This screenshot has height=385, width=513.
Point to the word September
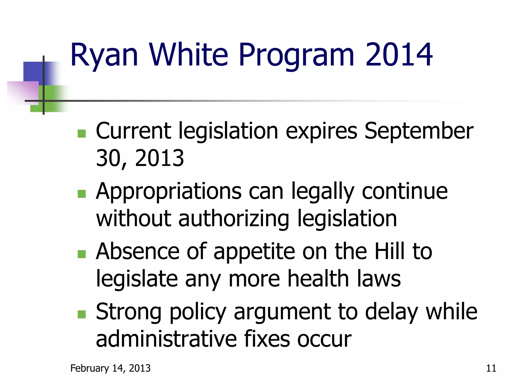click(x=419, y=131)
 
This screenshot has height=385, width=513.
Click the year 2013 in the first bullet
click(x=160, y=158)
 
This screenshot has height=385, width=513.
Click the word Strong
click(x=129, y=312)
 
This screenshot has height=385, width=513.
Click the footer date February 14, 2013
click(x=110, y=368)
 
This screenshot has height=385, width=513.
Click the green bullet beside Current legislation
click(x=82, y=134)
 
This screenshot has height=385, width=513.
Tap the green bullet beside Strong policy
click(x=82, y=314)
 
